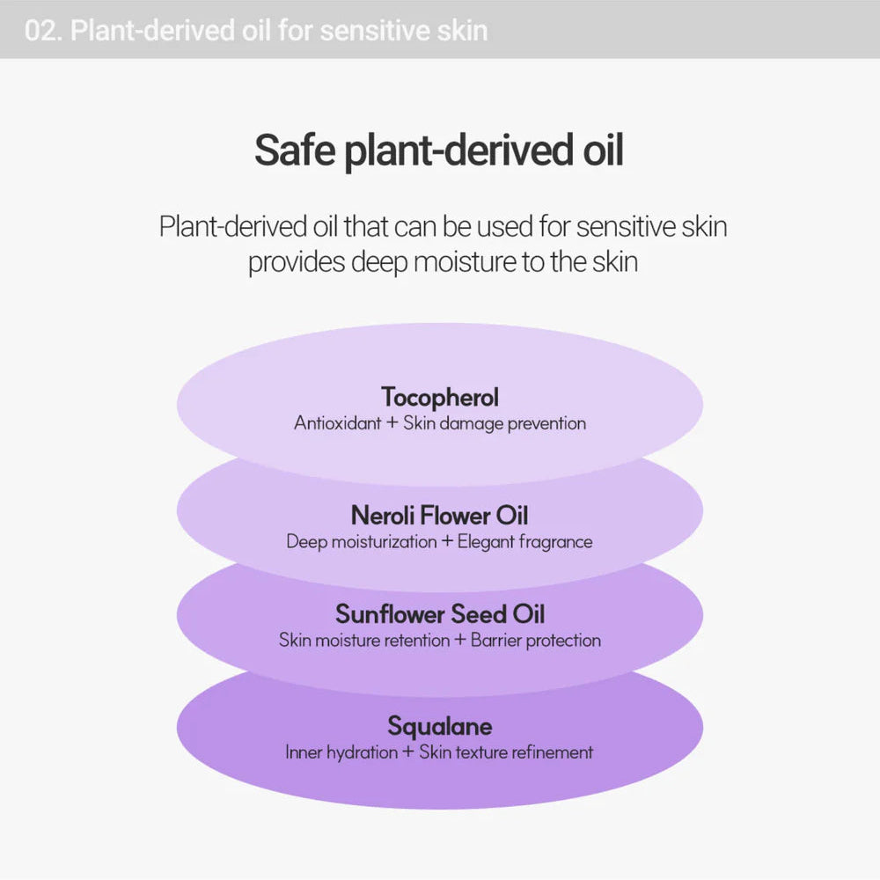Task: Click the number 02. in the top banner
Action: coord(42,31)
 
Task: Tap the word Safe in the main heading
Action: coord(294,151)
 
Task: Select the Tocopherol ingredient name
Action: coord(440,397)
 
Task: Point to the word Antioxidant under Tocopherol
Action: coord(338,423)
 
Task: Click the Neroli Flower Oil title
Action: coord(440,515)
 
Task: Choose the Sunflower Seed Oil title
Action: coord(440,613)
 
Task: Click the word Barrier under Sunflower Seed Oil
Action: coord(498,641)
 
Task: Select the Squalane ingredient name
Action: coord(440,726)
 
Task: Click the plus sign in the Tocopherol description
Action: coord(392,423)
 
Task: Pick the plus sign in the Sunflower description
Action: coord(460,641)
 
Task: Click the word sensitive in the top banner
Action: coord(363,31)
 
